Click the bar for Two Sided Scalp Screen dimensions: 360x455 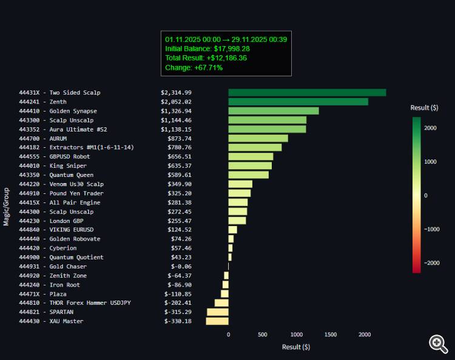(x=307, y=93)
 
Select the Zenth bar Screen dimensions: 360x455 (x=298, y=102)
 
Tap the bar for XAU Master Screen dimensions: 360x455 (x=217, y=321)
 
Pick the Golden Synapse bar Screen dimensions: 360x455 (x=274, y=111)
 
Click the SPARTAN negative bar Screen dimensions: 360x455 (x=218, y=312)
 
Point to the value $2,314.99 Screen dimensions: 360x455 (x=176, y=93)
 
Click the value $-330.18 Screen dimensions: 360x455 (x=178, y=321)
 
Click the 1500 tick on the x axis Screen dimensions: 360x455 (x=331, y=335)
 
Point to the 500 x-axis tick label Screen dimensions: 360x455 (x=263, y=335)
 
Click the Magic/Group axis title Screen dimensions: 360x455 (x=6, y=207)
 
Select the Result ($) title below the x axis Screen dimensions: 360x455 (x=296, y=347)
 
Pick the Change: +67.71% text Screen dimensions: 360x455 (x=194, y=68)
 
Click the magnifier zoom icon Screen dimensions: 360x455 (x=438, y=344)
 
